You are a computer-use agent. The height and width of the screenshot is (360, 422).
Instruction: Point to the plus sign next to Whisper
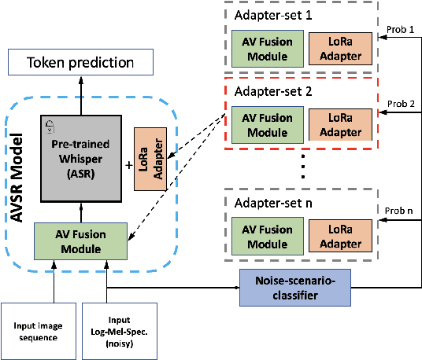point(128,166)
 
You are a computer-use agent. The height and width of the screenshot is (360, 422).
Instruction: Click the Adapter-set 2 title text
point(270,90)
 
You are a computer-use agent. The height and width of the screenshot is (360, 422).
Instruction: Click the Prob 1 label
point(401,29)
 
